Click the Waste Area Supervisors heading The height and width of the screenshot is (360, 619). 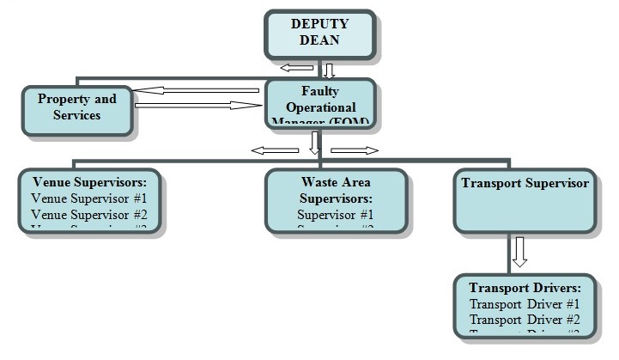coord(336,190)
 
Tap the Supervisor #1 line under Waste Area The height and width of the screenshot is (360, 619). coord(336,214)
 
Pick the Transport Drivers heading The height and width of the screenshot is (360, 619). coord(525,288)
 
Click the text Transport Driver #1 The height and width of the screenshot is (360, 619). coord(525,303)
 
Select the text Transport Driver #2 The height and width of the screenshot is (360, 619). coord(525,320)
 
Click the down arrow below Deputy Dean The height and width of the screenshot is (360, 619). coord(329,70)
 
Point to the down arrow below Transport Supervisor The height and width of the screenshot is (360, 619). coord(519,253)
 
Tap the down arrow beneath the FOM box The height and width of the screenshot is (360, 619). coord(314,142)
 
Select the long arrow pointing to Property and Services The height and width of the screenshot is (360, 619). coord(199,89)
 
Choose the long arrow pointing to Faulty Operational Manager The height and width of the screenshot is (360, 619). coord(197,106)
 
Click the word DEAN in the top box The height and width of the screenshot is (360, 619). coord(319,40)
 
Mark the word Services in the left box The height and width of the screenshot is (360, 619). coord(77,115)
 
